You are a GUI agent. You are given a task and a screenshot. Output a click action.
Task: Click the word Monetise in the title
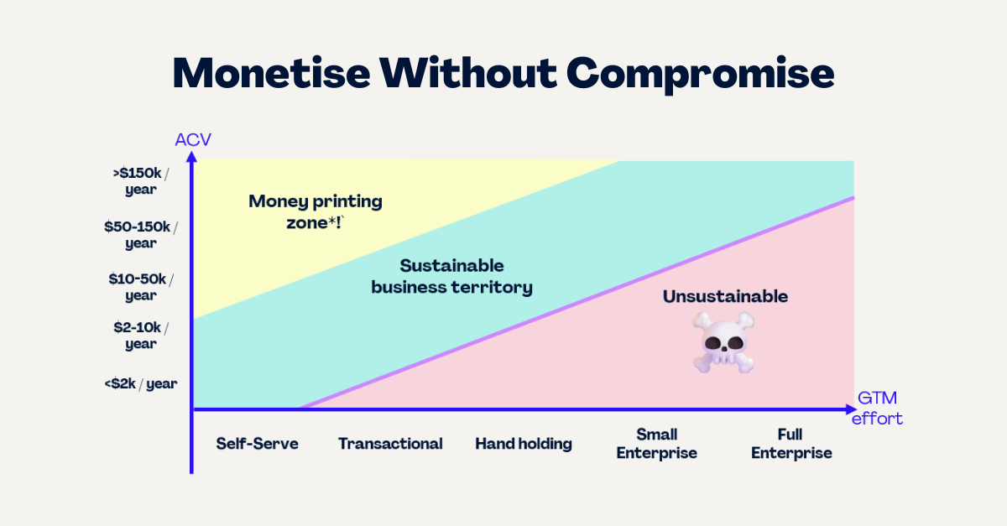[x=272, y=73]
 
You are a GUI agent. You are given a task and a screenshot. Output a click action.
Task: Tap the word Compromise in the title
[x=700, y=74]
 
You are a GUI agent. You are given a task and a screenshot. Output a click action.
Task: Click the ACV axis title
[x=193, y=140]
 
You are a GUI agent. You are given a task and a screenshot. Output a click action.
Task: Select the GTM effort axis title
[x=877, y=409]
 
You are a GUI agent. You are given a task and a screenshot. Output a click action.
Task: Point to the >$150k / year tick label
[x=141, y=181]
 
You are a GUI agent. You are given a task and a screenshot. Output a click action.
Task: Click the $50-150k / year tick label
[x=141, y=235]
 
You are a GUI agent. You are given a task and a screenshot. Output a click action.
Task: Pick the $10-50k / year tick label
[x=141, y=287]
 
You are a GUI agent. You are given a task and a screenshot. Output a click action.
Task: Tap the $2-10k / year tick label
[x=141, y=336]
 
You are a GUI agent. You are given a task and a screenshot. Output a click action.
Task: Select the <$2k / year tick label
[x=141, y=383]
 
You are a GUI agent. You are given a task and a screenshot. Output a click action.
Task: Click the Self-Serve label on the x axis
[x=257, y=444]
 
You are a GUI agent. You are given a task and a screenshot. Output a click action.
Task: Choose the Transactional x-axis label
[x=390, y=444]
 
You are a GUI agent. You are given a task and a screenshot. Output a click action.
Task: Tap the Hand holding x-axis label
[x=524, y=444]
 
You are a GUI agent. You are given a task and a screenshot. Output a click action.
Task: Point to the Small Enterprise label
[x=657, y=444]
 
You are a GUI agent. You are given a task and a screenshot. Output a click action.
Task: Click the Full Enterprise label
[x=791, y=444]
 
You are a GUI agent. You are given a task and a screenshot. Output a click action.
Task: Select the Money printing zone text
[x=316, y=211]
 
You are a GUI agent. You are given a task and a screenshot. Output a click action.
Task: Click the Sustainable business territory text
[x=451, y=277]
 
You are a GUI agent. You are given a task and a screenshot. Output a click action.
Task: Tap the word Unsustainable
[x=725, y=296]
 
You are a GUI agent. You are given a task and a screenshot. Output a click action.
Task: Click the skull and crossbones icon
[x=723, y=342]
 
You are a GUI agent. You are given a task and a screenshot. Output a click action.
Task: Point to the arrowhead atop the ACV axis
[x=191, y=156]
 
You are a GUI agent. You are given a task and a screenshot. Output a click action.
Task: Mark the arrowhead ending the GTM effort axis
[x=852, y=409]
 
